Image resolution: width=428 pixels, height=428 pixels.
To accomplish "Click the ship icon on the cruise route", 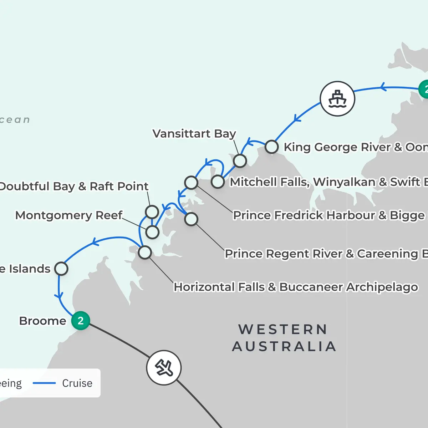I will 337,99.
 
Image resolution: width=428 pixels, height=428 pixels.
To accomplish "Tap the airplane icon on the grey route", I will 164,368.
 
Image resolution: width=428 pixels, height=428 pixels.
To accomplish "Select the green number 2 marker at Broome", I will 81,321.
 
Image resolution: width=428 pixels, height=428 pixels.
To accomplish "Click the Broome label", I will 42,321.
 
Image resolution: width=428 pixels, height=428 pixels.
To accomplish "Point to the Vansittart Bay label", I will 194,134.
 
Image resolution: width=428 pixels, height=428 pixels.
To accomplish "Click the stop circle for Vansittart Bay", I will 240,161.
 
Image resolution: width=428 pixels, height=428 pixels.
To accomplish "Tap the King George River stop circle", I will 272,147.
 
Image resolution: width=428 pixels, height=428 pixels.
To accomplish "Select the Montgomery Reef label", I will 68,215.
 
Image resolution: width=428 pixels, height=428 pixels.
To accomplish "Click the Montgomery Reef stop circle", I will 152,232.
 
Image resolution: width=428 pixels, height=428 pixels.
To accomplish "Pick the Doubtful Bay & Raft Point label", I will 73,186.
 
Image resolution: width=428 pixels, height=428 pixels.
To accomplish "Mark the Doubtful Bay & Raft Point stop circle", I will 152,212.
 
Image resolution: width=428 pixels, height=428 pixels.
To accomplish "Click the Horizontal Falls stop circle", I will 145,253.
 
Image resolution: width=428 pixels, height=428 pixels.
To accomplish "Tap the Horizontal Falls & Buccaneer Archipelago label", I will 296,287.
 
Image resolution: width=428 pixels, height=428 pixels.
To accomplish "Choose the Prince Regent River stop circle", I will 191,219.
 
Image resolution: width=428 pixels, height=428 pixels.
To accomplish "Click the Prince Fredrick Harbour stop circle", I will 191,183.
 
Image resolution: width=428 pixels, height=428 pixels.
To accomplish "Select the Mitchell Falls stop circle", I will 218,182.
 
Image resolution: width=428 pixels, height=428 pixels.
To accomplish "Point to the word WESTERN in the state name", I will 283,330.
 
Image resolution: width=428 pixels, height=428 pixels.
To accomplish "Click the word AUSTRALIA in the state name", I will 284,346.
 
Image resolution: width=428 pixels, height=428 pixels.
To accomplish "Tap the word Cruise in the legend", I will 77,383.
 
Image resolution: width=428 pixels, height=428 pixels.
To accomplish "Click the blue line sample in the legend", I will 44,383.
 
